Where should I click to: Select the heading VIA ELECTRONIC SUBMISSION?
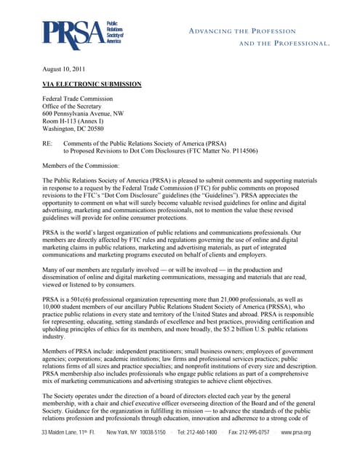point(92,85)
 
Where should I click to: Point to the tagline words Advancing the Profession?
point(242,31)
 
